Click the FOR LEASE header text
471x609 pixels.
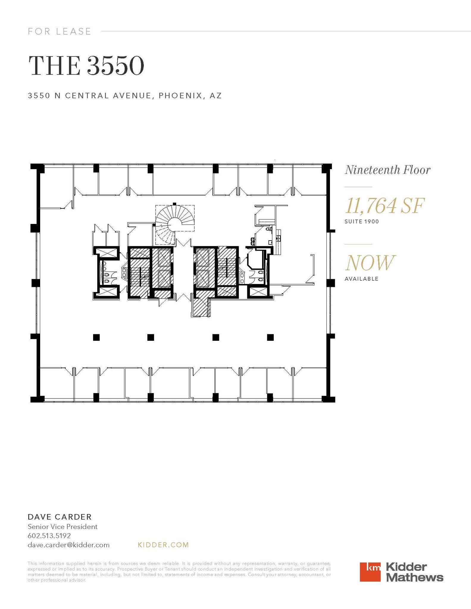coord(60,31)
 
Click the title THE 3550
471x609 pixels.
coord(86,66)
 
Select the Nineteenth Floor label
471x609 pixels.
coord(387,170)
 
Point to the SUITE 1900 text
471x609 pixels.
coord(362,222)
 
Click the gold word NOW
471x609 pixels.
coord(370,263)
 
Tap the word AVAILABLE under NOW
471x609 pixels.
coord(361,279)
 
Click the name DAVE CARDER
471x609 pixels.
coord(60,517)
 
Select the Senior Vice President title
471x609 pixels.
coord(62,527)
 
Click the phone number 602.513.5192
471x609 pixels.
coord(49,536)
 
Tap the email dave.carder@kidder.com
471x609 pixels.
coord(68,545)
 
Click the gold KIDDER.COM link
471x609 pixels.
coord(163,545)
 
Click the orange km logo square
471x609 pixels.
coord(370,572)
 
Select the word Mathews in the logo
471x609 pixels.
coord(414,578)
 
